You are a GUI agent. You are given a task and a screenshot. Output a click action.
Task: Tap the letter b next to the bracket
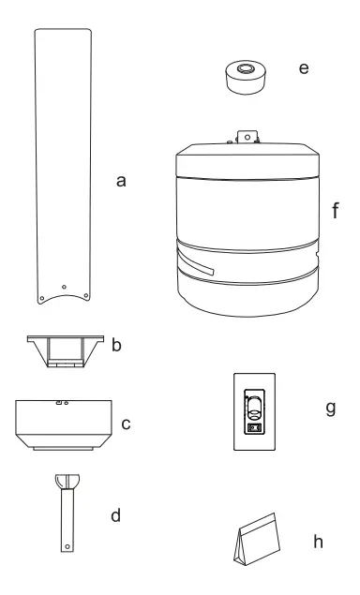click(x=116, y=346)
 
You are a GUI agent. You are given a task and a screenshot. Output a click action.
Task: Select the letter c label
click(x=125, y=424)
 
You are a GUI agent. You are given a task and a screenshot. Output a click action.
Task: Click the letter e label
click(x=303, y=70)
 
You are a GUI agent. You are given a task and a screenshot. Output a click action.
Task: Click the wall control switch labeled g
click(x=254, y=410)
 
